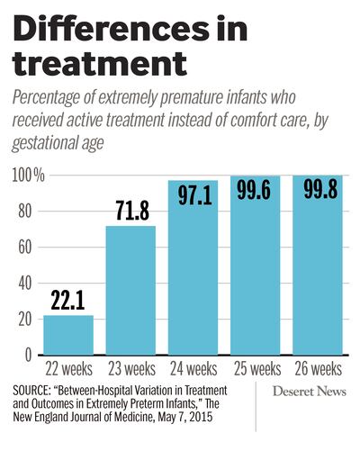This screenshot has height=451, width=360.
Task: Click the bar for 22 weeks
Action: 68,335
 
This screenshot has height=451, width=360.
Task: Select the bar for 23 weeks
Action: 130,290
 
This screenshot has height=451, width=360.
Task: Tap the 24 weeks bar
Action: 193,267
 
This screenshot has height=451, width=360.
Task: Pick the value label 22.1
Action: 67,300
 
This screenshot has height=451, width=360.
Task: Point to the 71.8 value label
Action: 132,211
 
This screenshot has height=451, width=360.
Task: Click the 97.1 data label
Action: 195,195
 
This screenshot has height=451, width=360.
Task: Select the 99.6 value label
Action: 254,190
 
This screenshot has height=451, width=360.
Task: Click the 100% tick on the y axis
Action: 29,176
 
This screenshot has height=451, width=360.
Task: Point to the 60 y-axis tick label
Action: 24,248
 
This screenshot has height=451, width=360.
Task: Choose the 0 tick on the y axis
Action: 28,356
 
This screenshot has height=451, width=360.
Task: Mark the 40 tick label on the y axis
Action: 24,284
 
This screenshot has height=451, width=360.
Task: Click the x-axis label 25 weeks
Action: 257,369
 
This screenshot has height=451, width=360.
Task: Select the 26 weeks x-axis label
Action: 319,369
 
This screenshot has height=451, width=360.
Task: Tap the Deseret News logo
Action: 310,392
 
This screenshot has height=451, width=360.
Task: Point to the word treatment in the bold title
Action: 100,64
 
